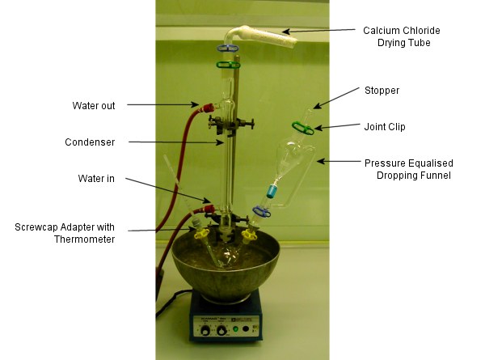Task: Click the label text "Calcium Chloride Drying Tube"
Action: (402, 36)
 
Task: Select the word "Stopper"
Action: (382, 91)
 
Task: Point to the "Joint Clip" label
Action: (385, 126)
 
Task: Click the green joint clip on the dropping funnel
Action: (303, 128)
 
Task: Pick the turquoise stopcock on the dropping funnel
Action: (272, 191)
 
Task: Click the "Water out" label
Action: (94, 105)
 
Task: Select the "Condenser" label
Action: (90, 142)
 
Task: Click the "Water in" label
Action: (96, 179)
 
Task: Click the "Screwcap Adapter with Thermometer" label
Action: (65, 233)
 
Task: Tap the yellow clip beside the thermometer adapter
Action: (201, 235)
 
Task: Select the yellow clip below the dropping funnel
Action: (249, 236)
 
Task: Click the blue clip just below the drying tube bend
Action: (228, 48)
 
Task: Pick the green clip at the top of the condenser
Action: (228, 65)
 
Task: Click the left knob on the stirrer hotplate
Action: (205, 331)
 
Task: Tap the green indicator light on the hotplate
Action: (236, 328)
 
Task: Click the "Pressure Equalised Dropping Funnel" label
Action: (409, 169)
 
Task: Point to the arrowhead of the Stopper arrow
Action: (314, 108)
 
